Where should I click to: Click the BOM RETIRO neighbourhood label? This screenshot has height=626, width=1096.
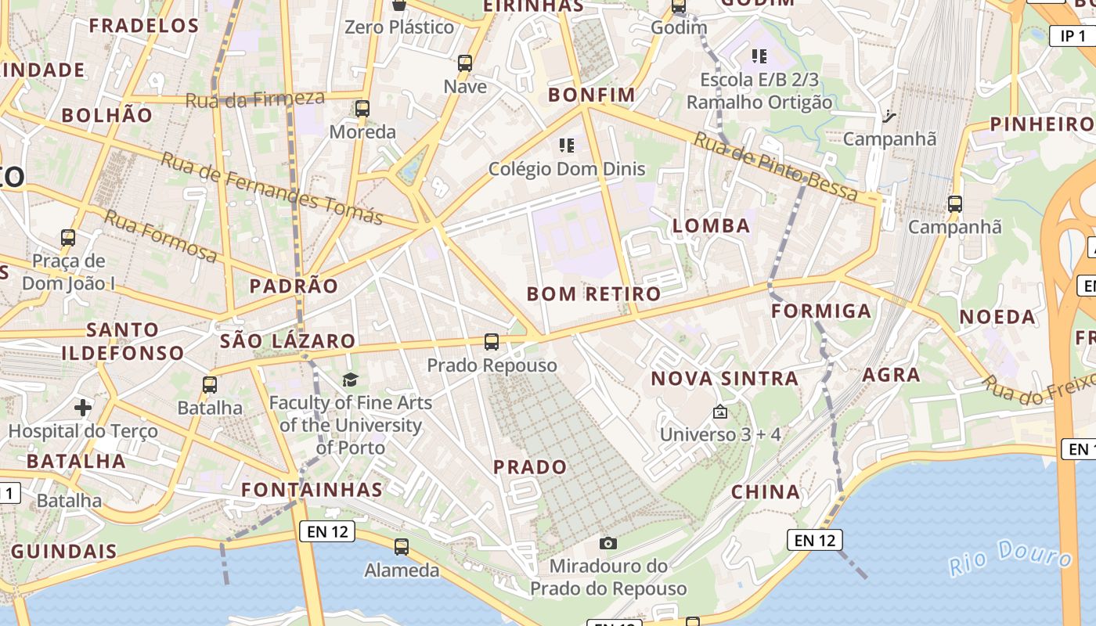click(x=593, y=294)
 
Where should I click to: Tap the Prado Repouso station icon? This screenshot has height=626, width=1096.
click(x=492, y=342)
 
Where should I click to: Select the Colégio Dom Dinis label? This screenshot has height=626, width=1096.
click(x=567, y=168)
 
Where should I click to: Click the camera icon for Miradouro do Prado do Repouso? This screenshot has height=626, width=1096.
click(x=607, y=543)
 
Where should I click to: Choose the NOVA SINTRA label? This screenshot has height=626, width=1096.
click(x=725, y=379)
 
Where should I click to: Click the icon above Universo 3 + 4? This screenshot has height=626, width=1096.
click(x=719, y=412)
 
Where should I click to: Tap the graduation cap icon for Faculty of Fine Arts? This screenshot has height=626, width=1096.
click(x=350, y=380)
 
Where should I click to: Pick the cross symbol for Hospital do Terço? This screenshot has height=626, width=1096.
click(x=83, y=408)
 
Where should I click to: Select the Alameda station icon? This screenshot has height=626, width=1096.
click(x=402, y=547)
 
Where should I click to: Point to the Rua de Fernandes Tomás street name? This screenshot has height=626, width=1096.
click(x=272, y=188)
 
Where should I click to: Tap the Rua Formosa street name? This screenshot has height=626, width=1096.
click(x=160, y=236)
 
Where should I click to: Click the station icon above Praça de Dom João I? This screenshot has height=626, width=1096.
click(x=68, y=237)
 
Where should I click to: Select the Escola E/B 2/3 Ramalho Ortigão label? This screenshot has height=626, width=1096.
click(x=759, y=91)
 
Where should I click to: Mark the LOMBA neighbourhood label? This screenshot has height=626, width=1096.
click(x=711, y=226)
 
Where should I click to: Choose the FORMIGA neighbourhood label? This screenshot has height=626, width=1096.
click(x=820, y=311)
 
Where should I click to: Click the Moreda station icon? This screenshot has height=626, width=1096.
click(x=362, y=109)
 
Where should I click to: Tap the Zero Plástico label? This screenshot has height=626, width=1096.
click(x=399, y=27)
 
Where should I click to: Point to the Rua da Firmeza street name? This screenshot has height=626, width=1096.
click(x=254, y=99)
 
